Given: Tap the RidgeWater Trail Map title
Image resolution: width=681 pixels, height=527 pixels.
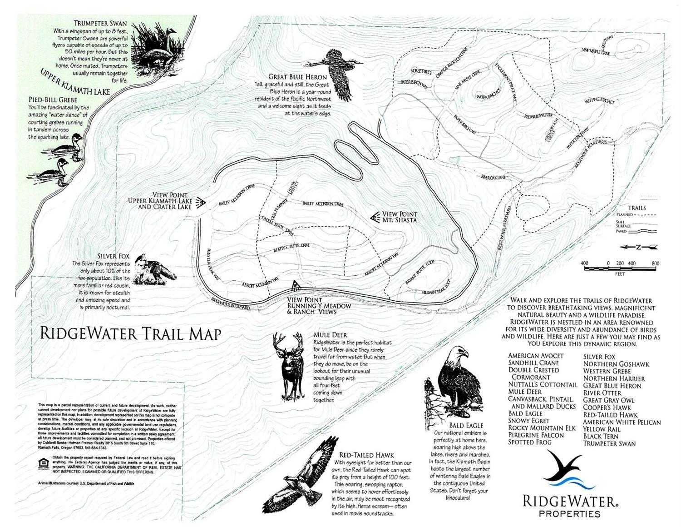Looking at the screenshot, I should pos(131,333).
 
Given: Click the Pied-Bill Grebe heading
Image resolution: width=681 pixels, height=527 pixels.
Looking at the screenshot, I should pos(53,99).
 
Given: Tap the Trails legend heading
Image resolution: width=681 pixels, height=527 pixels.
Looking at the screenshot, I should pos(637,208).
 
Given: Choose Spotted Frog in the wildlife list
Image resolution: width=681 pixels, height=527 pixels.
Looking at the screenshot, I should pos(530,442).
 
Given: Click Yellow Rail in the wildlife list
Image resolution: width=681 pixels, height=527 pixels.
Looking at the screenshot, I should pos(602,429).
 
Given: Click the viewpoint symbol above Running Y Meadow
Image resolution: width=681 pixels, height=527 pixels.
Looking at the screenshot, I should pos(296,286).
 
